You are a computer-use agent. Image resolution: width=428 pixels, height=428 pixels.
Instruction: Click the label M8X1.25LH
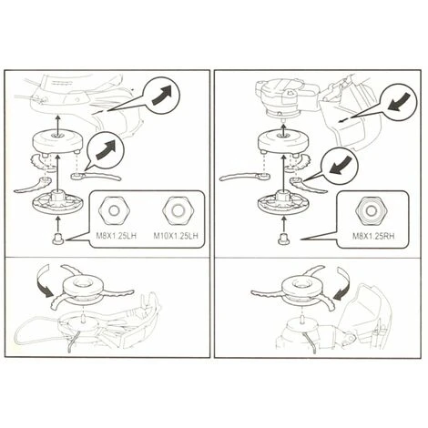pyautogui.click(x=116, y=236)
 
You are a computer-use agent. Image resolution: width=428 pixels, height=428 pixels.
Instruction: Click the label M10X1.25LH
pyautogui.click(x=176, y=236)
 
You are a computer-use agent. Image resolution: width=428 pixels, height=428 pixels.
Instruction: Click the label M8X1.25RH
pyautogui.click(x=373, y=236)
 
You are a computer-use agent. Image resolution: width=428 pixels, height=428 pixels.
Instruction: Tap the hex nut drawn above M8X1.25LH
pyautogui.click(x=114, y=210)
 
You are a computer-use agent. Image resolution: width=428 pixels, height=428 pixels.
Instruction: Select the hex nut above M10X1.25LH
pyautogui.click(x=178, y=210)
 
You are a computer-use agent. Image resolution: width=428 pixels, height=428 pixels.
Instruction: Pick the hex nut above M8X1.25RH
pyautogui.click(x=371, y=210)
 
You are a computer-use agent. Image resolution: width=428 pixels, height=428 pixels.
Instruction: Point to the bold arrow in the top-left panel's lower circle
pyautogui.click(x=106, y=150)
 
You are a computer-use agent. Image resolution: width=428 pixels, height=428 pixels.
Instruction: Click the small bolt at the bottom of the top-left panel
pyautogui.click(x=58, y=239)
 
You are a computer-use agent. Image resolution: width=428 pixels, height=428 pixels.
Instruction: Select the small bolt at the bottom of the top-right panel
pyautogui.click(x=283, y=239)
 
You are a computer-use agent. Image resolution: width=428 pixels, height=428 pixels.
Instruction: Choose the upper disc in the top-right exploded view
pyautogui.click(x=283, y=141)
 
